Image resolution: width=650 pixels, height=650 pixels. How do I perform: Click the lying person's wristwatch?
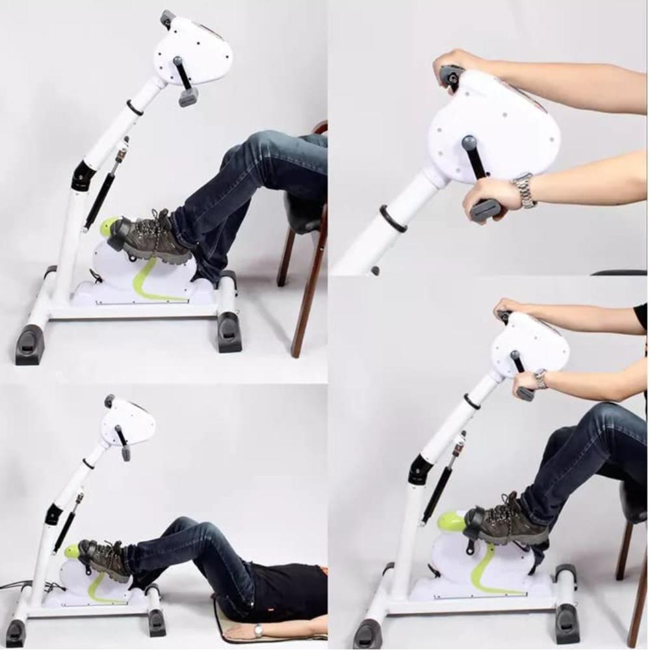click(259, 630)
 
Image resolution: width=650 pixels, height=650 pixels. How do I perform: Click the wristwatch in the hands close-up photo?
click(525, 190)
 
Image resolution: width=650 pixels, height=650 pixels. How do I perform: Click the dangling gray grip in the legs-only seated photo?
click(188, 96)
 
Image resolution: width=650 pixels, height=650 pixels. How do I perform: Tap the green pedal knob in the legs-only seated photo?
click(109, 227)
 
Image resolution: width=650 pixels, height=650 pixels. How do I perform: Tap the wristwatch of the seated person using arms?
click(540, 379)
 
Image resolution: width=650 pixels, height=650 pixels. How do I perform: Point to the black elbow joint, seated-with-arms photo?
click(419, 470)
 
